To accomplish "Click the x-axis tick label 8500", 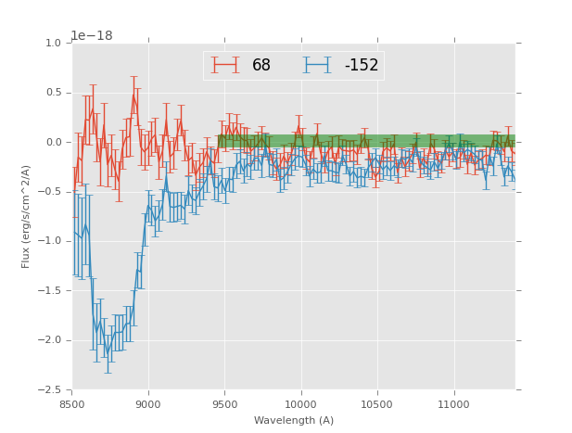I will click(72, 404).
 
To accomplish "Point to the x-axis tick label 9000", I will click(148, 404).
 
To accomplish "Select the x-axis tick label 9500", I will click(224, 404).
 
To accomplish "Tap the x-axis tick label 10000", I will click(300, 404).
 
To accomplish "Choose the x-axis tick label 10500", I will click(376, 404).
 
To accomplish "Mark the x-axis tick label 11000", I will click(453, 404).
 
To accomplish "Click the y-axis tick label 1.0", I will click(53, 44).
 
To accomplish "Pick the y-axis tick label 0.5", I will click(53, 93).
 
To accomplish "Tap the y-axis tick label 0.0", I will click(53, 143).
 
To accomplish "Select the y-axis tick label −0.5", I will click(50, 192).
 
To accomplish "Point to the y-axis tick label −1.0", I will click(50, 241).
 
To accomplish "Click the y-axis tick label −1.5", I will click(50, 291).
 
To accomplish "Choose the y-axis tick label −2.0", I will click(50, 340).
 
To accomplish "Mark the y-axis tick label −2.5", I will click(50, 389).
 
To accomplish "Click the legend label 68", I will click(261, 66).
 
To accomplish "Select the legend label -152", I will click(361, 66).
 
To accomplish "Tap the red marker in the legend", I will click(224, 66).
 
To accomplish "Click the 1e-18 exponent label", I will click(92, 36).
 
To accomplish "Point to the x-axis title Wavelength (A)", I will click(294, 421).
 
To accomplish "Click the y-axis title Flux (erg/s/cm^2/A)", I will click(27, 216).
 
